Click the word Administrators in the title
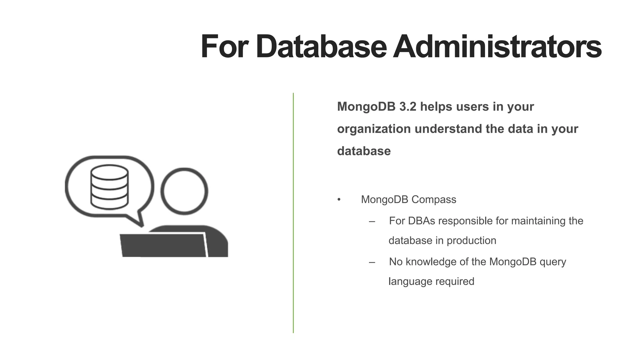click(497, 47)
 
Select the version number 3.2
click(408, 107)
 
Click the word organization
click(374, 129)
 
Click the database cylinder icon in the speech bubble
click(109, 187)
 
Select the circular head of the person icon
click(184, 191)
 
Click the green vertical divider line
click(293, 212)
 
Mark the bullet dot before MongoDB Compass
click(339, 200)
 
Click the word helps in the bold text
click(436, 107)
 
